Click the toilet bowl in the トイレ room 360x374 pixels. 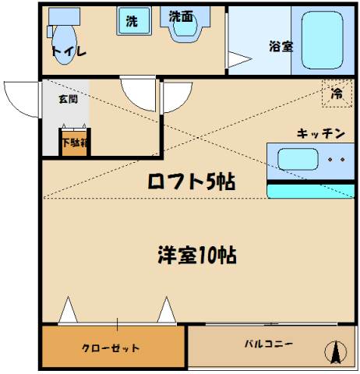[x=65, y=44]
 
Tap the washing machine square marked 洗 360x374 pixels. [x=134, y=21]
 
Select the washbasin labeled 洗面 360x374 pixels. [x=185, y=25]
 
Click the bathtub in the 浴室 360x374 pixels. [x=323, y=41]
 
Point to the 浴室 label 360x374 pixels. [x=281, y=46]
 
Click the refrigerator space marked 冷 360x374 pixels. [x=337, y=93]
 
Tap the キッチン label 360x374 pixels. [x=321, y=134]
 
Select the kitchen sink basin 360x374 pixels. [x=298, y=159]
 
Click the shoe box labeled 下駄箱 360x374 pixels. [x=75, y=143]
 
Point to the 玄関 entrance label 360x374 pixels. [x=68, y=99]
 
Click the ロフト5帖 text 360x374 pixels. [x=192, y=181]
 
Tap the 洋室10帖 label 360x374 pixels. [x=197, y=255]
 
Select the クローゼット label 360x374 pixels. [x=111, y=348]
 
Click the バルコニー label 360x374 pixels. [x=269, y=344]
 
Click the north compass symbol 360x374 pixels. [x=336, y=352]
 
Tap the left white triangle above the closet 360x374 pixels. [x=68, y=310]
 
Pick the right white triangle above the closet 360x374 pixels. [x=167, y=310]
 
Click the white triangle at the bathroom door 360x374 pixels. [x=239, y=59]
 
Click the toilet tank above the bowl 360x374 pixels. [x=64, y=16]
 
